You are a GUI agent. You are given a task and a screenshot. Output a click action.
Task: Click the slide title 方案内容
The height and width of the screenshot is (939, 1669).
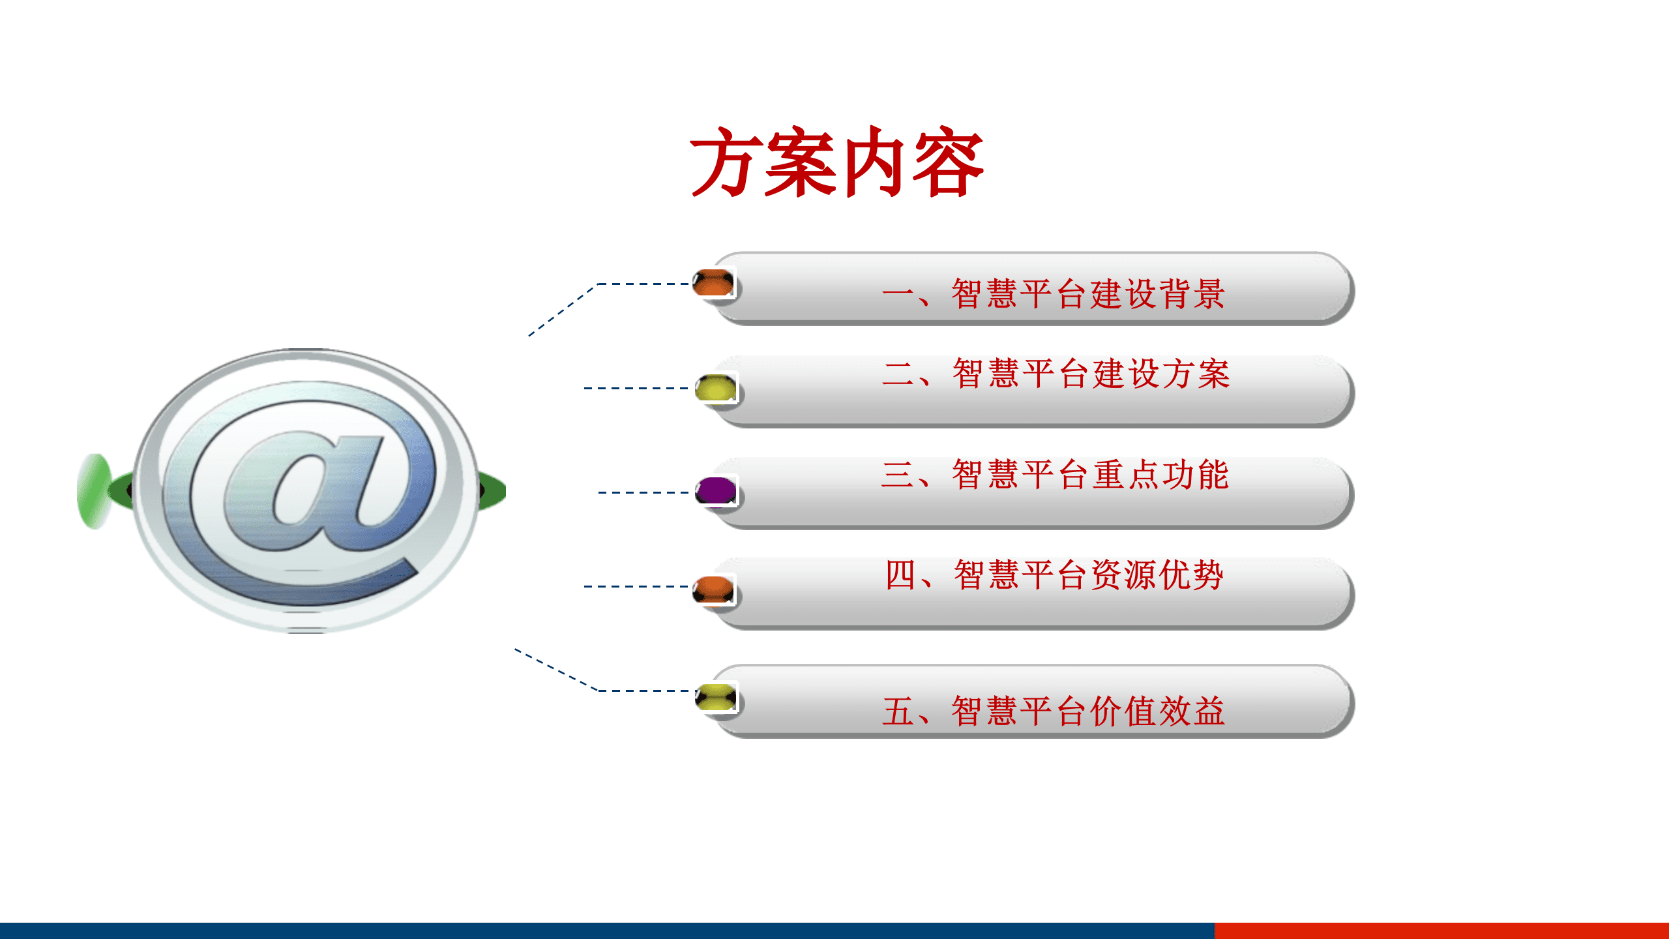tap(837, 162)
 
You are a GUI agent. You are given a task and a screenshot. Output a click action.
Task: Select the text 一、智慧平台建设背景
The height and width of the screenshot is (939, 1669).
tap(1054, 293)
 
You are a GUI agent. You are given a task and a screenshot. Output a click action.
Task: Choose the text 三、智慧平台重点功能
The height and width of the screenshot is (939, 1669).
tap(1055, 475)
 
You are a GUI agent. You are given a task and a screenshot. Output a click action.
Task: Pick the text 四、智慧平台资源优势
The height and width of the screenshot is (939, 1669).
tap(1054, 575)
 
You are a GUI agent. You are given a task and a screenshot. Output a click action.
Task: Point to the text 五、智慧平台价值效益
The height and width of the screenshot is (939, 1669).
tap(1054, 711)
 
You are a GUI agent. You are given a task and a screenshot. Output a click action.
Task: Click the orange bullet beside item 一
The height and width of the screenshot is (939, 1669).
tap(713, 284)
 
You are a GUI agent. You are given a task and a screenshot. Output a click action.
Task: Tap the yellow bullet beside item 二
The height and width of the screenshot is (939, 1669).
tap(715, 388)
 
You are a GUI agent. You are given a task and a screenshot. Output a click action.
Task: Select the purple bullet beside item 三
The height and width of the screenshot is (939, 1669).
tap(715, 491)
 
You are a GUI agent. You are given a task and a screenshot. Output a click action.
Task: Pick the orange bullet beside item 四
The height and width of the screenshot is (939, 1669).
tap(713, 589)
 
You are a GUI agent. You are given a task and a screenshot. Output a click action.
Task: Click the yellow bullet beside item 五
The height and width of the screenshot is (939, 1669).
tap(715, 698)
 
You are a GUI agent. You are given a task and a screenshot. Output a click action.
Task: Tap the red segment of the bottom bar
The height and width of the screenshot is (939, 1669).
tap(1441, 931)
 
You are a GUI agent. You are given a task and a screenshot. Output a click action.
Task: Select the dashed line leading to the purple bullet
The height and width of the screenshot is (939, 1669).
tap(643, 492)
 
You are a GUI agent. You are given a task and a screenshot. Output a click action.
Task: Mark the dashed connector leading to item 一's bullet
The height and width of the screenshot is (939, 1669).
tap(642, 284)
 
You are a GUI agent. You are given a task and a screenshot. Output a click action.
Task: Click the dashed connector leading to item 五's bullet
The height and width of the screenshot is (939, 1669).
tap(642, 690)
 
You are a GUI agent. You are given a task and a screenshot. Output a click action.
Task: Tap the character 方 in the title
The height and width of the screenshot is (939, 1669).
tap(726, 162)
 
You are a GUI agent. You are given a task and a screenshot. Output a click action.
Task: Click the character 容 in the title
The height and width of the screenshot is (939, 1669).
tap(949, 162)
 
